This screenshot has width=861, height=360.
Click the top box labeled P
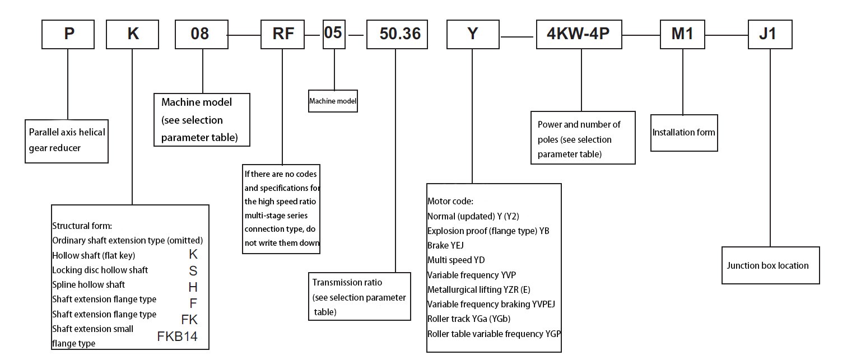pos(69,34)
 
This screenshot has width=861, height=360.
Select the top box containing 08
pos(200,34)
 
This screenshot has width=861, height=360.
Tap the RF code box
pos(283,34)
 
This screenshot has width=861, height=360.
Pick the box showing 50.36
pos(400,34)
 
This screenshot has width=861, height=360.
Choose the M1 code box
pos(682,34)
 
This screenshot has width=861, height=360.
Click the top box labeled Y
pos(473,34)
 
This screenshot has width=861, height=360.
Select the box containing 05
pos(333,32)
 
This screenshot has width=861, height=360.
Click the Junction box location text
pos(767,266)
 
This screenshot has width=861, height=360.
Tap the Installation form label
pos(683,133)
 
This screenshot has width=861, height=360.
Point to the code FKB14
pos(177,337)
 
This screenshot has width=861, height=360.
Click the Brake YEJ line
pos(445,245)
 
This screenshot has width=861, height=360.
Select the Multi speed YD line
pos(455,260)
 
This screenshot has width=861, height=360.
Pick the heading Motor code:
pos(450,201)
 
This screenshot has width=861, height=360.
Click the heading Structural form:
pos(82,226)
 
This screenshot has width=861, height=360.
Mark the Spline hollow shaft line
pos(88,284)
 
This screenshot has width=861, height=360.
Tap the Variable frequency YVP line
pos(471,275)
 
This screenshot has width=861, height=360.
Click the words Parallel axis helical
pos(67,133)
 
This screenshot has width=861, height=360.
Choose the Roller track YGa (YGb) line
pos(468,319)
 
